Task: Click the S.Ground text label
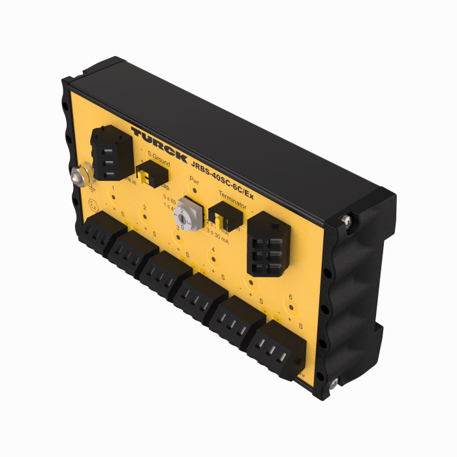point(155,157)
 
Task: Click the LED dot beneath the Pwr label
point(194,190)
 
